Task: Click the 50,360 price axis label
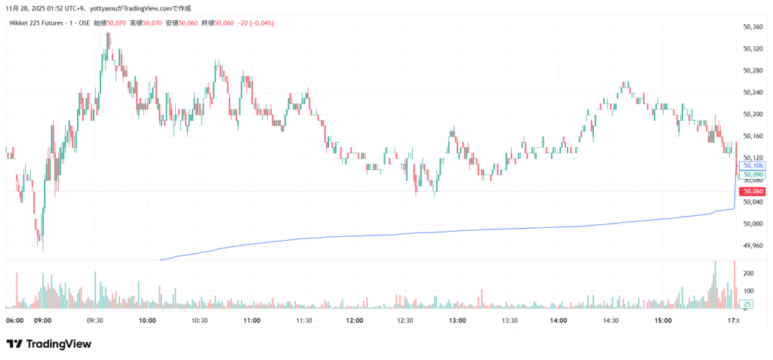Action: pyautogui.click(x=753, y=27)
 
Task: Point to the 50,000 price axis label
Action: pyautogui.click(x=753, y=224)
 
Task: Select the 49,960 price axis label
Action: pyautogui.click(x=753, y=246)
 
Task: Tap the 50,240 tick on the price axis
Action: pyautogui.click(x=753, y=93)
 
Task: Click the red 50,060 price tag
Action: pyautogui.click(x=753, y=192)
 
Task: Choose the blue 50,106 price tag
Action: pyautogui.click(x=753, y=165)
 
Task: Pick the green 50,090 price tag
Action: pyautogui.click(x=753, y=174)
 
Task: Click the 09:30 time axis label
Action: pyautogui.click(x=95, y=321)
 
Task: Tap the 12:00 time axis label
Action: pyautogui.click(x=354, y=321)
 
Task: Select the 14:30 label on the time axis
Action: pyautogui.click(x=611, y=321)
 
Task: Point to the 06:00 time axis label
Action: pyautogui.click(x=14, y=321)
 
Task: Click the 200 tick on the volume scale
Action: pyautogui.click(x=748, y=273)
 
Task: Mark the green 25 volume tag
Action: pyautogui.click(x=747, y=304)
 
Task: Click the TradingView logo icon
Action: pyautogui.click(x=14, y=344)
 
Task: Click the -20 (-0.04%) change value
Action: pyautogui.click(x=257, y=23)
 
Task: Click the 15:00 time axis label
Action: pyautogui.click(x=664, y=321)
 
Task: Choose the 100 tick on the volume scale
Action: pyautogui.click(x=748, y=290)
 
